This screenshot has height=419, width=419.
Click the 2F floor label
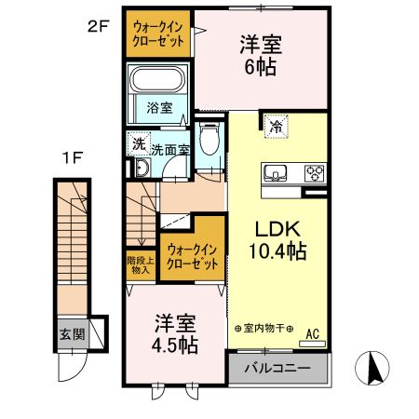tap(99, 26)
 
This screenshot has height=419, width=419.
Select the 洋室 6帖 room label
tap(260, 55)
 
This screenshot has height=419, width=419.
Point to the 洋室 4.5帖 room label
tap(176, 333)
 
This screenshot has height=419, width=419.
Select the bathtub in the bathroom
tap(158, 80)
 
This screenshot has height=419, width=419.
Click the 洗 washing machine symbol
tap(138, 144)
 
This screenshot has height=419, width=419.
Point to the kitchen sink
tap(277, 172)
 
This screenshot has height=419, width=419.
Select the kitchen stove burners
tap(314, 172)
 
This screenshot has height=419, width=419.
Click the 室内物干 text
tap(264, 330)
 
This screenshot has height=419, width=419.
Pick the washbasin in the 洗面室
tap(143, 169)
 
